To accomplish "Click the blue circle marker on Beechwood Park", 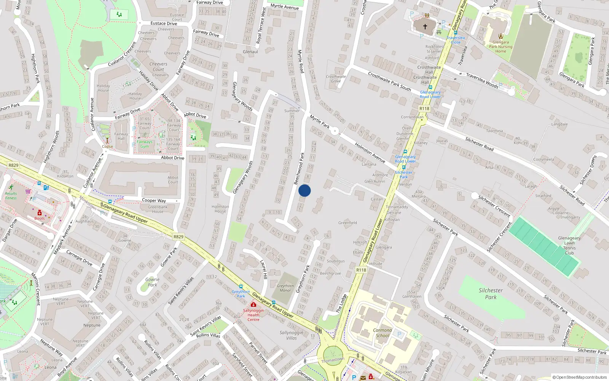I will coord(304,190).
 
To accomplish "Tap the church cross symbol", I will coord(425,27).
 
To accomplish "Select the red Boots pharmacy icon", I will coord(40,213).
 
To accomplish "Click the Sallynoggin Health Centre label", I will coord(253,315).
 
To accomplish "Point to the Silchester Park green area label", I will coord(491,293).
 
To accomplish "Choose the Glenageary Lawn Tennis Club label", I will coord(569,245).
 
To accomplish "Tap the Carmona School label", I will coord(383,333).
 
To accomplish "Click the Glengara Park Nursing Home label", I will coord(501,47).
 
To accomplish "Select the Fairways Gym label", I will coord(145,144).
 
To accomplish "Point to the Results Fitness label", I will coord(11,196).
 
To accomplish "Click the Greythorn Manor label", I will coord(285,288).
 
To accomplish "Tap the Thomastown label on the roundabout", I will coord(333,360).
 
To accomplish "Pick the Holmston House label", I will coord(220,209).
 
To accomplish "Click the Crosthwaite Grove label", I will coord(336,79).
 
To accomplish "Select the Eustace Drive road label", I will coord(164,23).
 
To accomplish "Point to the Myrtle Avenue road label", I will coord(285,6).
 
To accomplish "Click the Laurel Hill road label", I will coord(264,269).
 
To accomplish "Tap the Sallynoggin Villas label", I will coord(292,335).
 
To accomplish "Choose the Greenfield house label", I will coord(348,223).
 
